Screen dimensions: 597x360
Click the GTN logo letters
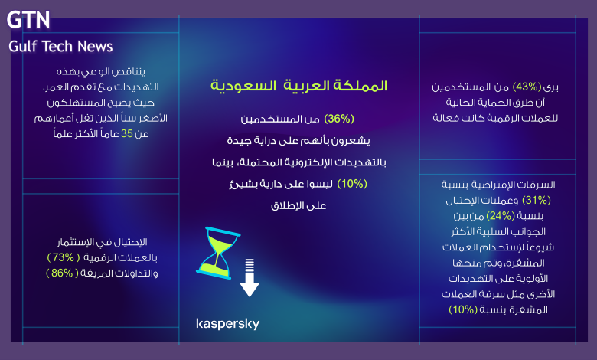[x=28, y=20]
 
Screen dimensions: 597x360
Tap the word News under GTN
[x=95, y=47]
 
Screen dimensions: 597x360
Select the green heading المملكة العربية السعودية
[x=298, y=86]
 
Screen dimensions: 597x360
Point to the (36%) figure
[x=339, y=119]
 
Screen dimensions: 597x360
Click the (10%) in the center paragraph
[x=352, y=184]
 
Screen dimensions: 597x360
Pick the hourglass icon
[x=218, y=253]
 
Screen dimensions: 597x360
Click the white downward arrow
[x=250, y=278]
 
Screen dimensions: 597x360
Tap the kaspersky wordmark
[x=227, y=324]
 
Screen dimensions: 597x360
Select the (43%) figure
[x=527, y=87]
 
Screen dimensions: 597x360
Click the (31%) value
[x=536, y=200]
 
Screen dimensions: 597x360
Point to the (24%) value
[x=501, y=216]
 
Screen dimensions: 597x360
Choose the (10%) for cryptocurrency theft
[x=463, y=309]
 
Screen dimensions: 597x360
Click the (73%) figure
[x=64, y=257]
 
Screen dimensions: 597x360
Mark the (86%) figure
[x=62, y=273]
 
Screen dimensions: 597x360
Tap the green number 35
[x=127, y=134]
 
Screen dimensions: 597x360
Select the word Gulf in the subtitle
[x=22, y=47]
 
